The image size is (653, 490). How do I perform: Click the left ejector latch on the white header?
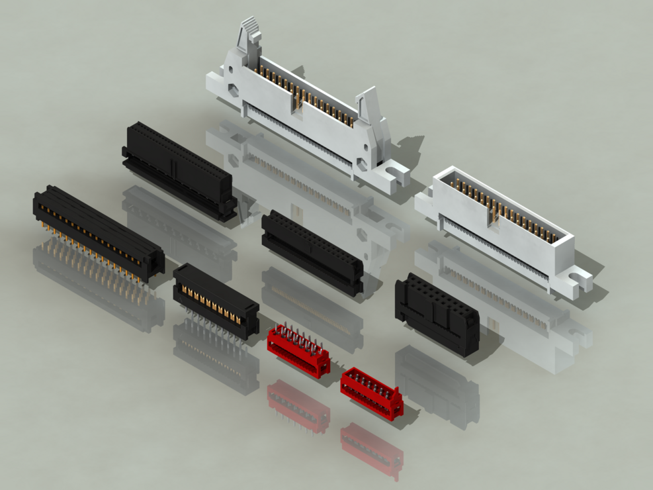[247, 40]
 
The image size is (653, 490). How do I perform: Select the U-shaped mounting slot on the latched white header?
[396, 176]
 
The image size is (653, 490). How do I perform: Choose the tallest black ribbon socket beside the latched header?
[177, 169]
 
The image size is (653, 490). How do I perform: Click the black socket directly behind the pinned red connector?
[312, 252]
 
